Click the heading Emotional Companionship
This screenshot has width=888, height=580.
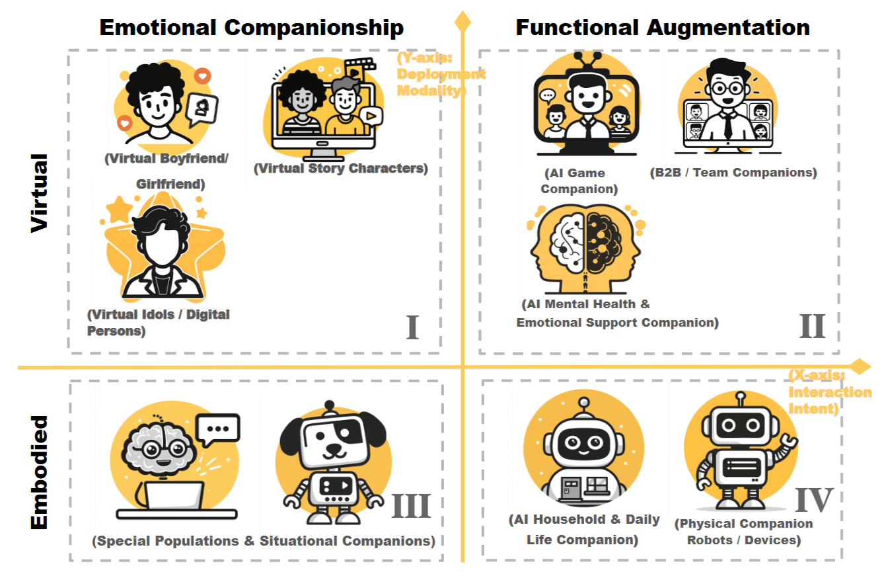click(x=251, y=28)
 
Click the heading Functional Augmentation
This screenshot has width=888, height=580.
click(x=662, y=28)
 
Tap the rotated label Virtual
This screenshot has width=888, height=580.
click(x=40, y=192)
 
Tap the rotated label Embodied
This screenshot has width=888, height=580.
click(x=40, y=472)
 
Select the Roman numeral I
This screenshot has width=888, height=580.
click(x=412, y=327)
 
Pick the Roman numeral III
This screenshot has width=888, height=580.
click(x=411, y=507)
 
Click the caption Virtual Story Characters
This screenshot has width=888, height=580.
click(x=341, y=169)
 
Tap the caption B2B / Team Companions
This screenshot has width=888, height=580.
click(x=733, y=173)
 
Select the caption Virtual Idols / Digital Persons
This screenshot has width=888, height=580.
click(x=159, y=322)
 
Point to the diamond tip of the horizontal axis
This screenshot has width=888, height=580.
click(x=860, y=366)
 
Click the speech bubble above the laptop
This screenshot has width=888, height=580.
click(x=218, y=429)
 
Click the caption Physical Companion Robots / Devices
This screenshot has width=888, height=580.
click(x=744, y=532)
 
